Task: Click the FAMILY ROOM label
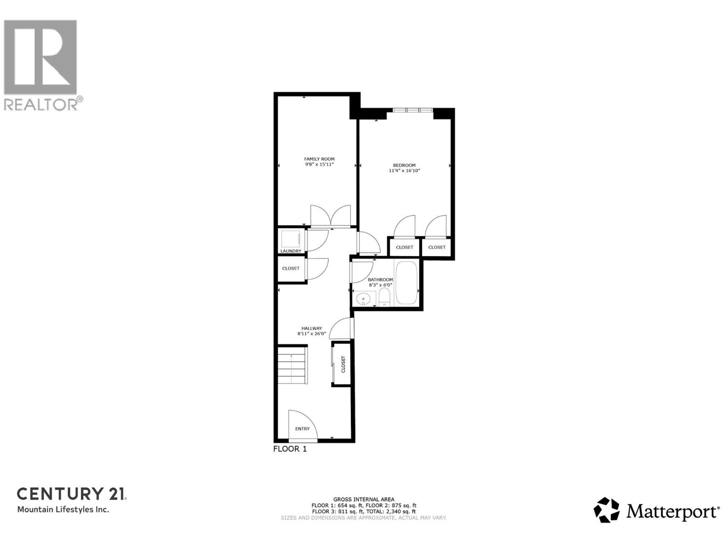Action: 319,159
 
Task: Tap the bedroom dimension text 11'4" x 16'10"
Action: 404,171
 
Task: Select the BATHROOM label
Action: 380,280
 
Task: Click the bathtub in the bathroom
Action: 406,283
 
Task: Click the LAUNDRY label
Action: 291,251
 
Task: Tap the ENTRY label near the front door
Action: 302,429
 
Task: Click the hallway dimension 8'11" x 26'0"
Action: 312,334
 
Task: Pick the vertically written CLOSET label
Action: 344,364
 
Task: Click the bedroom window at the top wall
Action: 413,110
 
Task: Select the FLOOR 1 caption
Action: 290,449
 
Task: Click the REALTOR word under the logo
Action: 41,104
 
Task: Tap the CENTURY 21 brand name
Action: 71,494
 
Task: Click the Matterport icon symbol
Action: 607,510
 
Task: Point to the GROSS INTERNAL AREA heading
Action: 364,499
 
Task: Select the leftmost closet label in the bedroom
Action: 404,248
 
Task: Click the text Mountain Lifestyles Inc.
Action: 63,510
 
